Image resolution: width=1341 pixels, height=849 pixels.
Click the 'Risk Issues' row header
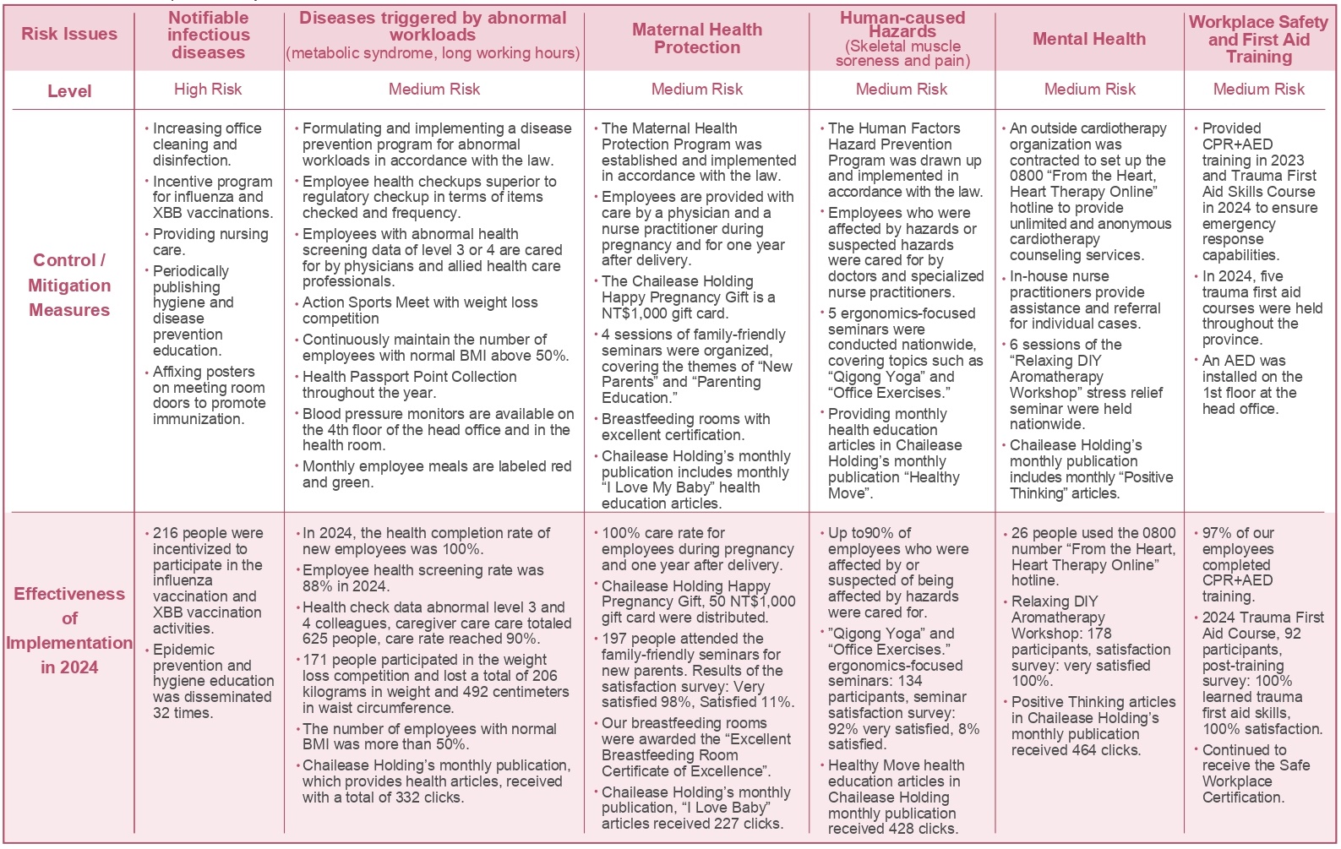click(69, 35)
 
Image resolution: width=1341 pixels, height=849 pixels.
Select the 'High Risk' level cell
click(208, 90)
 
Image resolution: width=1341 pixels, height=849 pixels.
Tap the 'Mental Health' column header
click(1089, 39)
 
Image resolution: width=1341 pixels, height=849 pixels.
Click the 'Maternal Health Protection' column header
click(697, 39)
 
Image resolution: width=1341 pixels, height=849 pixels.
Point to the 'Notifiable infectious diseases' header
click(208, 35)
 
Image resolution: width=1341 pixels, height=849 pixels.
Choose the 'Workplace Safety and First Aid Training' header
click(1258, 40)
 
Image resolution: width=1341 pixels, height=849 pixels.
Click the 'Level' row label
click(69, 91)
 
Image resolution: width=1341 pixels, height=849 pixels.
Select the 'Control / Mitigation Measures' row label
click(69, 286)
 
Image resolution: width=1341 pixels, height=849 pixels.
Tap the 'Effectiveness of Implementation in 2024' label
click(69, 630)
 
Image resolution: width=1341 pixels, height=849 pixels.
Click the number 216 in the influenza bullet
click(166, 534)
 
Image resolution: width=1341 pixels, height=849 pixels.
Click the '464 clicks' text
click(1102, 750)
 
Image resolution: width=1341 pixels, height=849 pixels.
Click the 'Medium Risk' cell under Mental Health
click(1089, 90)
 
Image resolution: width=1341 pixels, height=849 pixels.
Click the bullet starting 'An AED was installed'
click(1251, 385)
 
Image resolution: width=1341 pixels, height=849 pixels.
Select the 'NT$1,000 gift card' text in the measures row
click(663, 313)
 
